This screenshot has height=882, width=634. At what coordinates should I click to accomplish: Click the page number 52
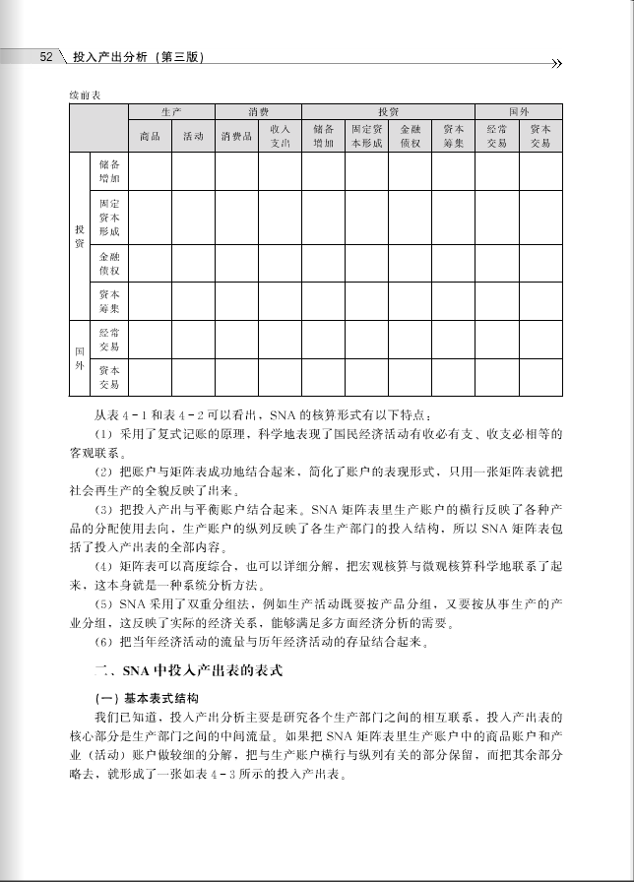(44, 57)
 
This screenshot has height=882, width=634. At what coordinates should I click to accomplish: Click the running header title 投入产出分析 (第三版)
(138, 58)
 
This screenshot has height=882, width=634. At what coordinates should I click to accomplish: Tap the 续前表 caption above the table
(85, 94)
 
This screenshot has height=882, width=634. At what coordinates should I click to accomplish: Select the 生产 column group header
(171, 112)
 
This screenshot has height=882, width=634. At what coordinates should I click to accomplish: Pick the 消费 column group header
(258, 112)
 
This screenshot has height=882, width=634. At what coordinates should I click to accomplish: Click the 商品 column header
(150, 136)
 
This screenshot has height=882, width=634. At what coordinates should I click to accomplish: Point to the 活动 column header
(193, 136)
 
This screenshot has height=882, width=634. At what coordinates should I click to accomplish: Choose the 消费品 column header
(236, 136)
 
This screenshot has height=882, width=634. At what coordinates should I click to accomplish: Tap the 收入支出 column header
(280, 136)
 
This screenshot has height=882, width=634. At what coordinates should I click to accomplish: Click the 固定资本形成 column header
(366, 136)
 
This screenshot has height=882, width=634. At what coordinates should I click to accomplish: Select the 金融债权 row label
(109, 262)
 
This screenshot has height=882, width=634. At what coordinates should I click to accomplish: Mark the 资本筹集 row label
(109, 301)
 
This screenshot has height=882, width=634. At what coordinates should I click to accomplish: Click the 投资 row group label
(79, 235)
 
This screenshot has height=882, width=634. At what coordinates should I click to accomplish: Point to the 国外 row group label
(79, 357)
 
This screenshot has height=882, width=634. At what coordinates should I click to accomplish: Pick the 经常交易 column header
(496, 136)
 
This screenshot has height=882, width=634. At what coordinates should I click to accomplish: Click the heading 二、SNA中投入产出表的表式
(187, 671)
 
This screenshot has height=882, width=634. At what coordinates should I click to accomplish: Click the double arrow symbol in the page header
(557, 64)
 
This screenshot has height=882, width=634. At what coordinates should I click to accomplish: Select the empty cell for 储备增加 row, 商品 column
(150, 171)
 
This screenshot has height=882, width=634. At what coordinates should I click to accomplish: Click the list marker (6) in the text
(103, 644)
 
